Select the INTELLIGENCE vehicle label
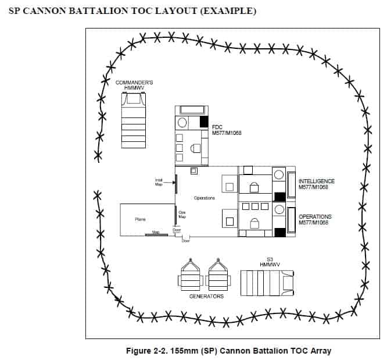click(316, 184)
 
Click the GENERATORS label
click(206, 296)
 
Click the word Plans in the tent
click(140, 219)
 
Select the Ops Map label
click(182, 215)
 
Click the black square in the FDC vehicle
click(204, 122)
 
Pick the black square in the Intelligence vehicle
click(279, 197)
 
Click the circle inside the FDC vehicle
click(182, 123)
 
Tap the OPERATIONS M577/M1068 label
click(315, 219)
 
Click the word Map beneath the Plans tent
click(155, 232)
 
